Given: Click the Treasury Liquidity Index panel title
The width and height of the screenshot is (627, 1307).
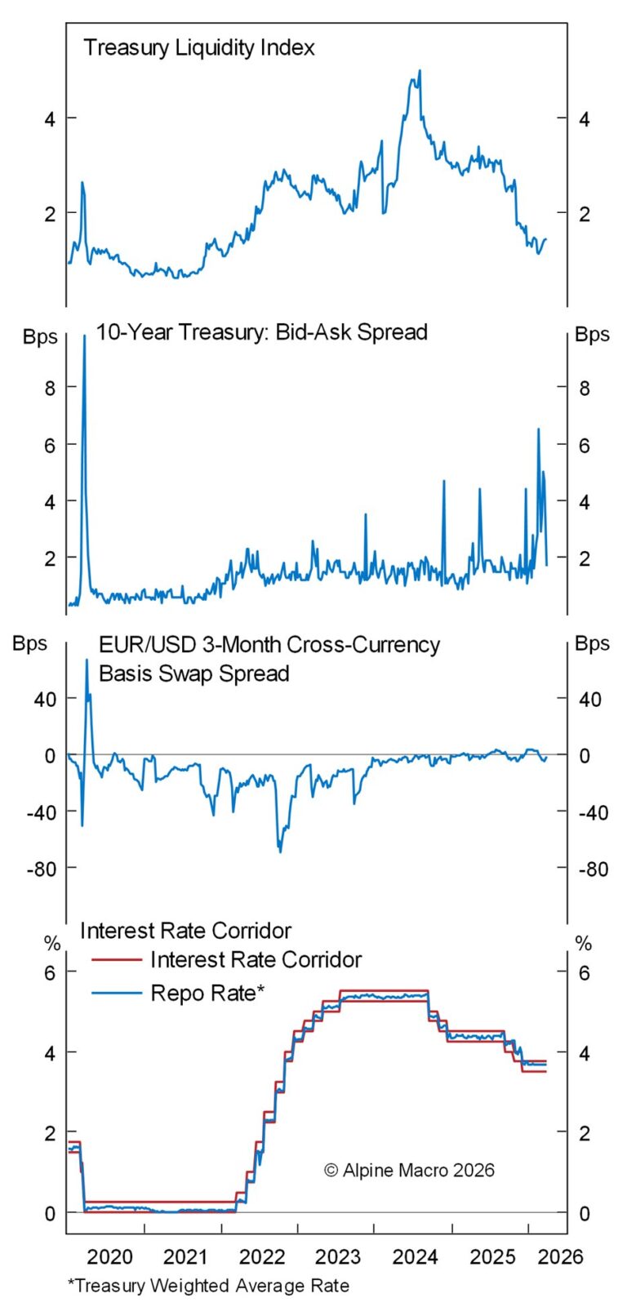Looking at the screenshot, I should tap(198, 47).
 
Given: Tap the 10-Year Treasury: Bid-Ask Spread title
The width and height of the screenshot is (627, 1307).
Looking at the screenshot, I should tap(261, 332).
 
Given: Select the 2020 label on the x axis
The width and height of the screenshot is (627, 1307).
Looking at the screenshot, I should tap(109, 1256).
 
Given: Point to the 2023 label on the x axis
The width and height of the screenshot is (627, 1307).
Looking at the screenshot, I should tap(337, 1256).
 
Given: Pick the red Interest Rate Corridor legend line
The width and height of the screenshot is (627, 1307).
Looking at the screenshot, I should tap(116, 960).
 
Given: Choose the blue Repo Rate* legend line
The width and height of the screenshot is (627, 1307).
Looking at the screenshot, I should tap(116, 993).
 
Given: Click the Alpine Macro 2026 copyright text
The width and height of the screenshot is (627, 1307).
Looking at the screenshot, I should tap(409, 1170).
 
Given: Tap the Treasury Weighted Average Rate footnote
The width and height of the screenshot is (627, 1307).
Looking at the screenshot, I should tap(208, 1286).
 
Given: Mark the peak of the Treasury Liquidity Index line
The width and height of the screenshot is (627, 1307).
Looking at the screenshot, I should tap(420, 71).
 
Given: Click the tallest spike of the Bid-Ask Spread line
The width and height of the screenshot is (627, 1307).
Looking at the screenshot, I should tap(84, 336).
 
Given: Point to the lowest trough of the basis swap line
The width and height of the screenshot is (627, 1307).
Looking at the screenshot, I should tap(280, 851).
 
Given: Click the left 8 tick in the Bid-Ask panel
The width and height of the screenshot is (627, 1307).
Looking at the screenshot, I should tap(50, 388).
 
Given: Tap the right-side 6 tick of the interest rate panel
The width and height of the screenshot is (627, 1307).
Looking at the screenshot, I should tap(584, 972).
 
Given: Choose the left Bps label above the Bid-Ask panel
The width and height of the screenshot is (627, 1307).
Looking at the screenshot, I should tap(40, 336).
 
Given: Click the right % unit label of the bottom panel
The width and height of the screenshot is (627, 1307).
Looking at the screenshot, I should tap(583, 944).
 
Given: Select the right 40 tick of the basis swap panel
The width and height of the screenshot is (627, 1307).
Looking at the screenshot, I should tap(589, 700).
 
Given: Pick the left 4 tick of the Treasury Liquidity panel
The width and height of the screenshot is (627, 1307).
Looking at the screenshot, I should tap(50, 119).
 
